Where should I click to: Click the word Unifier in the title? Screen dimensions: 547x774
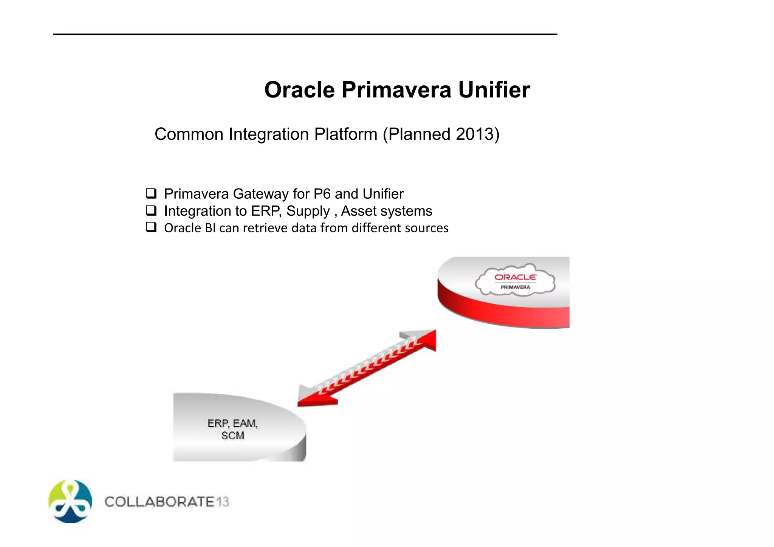point(494,90)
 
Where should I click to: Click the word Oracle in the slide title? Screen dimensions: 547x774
point(299,90)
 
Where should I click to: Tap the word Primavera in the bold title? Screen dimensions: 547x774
point(396,90)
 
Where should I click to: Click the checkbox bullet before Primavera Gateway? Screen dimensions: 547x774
point(151,193)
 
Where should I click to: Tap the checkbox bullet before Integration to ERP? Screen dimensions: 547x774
point(151,210)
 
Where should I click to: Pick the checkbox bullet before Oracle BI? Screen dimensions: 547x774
point(151,227)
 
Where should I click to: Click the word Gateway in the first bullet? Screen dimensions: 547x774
point(261,194)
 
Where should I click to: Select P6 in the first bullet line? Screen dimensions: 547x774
point(322,194)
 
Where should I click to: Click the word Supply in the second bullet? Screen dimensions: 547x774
point(308,211)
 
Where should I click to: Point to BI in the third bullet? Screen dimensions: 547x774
point(210,228)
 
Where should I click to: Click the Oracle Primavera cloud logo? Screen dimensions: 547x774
point(515,280)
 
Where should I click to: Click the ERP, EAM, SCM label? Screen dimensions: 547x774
point(233,429)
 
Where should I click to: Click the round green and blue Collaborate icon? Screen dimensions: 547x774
point(70,501)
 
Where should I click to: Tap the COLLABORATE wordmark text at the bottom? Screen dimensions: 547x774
point(159,502)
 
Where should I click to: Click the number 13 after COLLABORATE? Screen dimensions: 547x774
point(223,502)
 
